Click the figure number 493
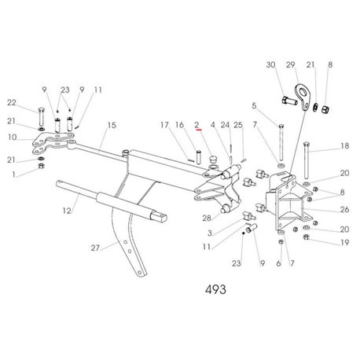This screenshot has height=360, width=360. (x=215, y=289)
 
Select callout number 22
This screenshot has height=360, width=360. (x=12, y=102)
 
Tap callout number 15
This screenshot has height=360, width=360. (x=112, y=125)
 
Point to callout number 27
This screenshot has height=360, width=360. (x=95, y=248)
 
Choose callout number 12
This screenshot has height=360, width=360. (x=67, y=211)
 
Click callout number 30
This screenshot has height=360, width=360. (x=270, y=64)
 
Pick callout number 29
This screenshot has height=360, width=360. (x=290, y=64)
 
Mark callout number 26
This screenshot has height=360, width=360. (x=344, y=209)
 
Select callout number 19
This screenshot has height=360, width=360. (x=345, y=242)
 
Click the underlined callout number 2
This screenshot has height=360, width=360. (x=197, y=125)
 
